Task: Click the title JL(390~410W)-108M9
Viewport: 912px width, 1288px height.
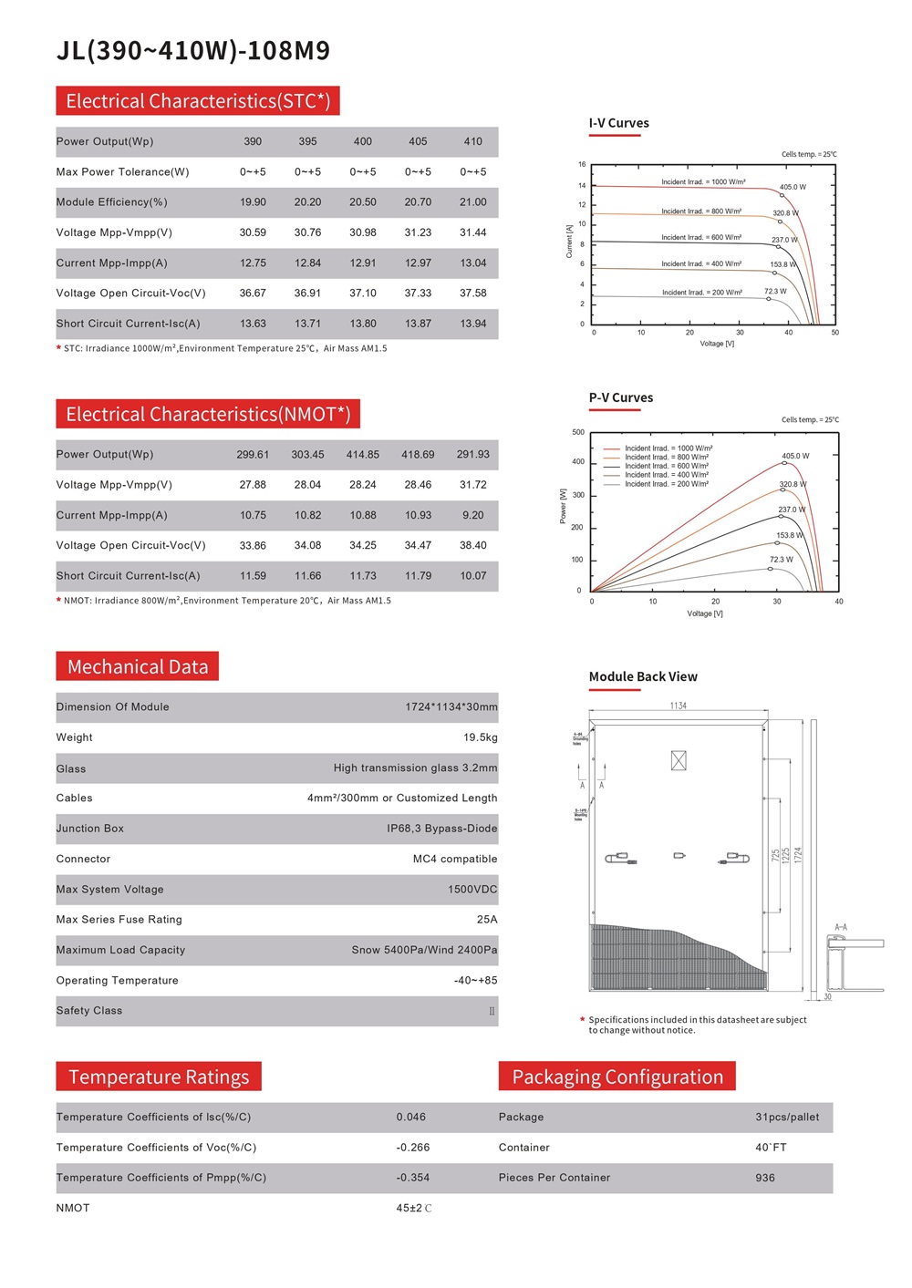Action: tap(193, 50)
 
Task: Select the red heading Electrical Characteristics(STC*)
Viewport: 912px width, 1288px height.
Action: tap(198, 101)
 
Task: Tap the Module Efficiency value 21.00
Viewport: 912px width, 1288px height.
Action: tap(472, 202)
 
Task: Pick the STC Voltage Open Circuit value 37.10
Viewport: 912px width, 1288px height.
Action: tap(362, 294)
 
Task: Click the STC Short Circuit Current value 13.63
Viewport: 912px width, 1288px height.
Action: tap(253, 324)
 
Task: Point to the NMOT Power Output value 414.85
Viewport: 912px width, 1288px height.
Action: tap(362, 455)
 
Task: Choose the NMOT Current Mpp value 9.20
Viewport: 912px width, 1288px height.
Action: tap(472, 515)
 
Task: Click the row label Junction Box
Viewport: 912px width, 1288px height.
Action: tap(89, 829)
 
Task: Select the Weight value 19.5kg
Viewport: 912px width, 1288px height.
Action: tap(480, 737)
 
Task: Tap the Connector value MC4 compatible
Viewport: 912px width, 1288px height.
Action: tap(454, 859)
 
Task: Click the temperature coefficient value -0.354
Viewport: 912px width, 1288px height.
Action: tap(412, 1178)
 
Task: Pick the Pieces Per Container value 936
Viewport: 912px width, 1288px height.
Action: tap(764, 1178)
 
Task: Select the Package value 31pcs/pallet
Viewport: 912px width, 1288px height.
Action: tap(786, 1118)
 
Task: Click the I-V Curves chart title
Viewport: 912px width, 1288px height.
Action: tap(618, 123)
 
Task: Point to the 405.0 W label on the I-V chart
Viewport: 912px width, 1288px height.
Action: tap(792, 187)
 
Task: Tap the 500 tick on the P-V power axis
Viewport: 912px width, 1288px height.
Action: tap(578, 432)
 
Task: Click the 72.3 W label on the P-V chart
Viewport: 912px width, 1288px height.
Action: tap(781, 560)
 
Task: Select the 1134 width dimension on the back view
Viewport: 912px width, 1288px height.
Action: tap(678, 706)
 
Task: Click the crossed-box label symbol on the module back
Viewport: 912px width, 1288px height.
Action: tap(679, 760)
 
